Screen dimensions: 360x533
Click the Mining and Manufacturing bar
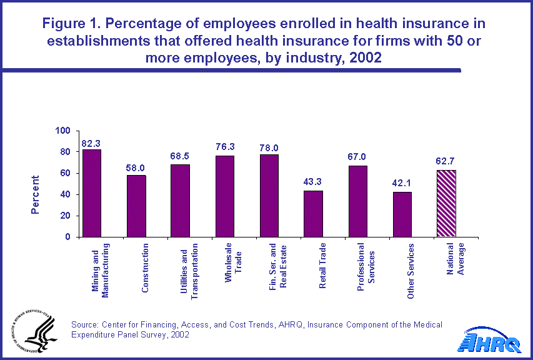92,193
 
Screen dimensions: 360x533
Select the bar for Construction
136,206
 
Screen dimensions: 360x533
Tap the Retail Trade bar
313,214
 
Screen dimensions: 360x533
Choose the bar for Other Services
402,214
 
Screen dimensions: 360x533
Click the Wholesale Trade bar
225,196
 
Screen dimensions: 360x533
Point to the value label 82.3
91,143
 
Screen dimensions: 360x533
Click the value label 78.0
269,148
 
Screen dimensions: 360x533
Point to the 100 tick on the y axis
64,131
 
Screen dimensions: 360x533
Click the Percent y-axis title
35,194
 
